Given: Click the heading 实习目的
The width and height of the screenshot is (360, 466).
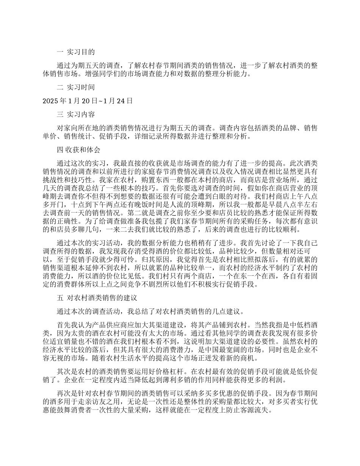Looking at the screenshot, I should coord(81,52).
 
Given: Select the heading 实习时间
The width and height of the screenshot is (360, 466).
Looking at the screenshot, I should coord(81,88).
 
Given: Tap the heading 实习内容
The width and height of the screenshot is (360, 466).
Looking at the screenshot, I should coord(81,114).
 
